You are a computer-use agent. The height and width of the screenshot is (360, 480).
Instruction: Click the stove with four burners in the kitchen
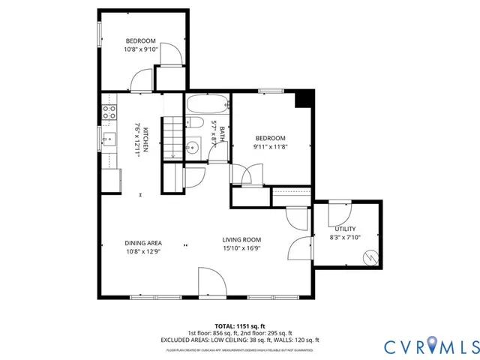(x=109, y=112)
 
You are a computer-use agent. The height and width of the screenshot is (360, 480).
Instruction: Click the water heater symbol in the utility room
(x=369, y=257)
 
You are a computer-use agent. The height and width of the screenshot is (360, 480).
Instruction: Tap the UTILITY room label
(x=346, y=229)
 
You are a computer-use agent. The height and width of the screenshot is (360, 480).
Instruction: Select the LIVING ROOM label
(x=241, y=240)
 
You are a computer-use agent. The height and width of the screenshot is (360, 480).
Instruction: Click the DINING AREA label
(x=143, y=242)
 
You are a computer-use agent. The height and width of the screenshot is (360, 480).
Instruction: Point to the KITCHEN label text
(x=147, y=138)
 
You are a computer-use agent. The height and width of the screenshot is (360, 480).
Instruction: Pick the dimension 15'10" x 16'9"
(x=241, y=249)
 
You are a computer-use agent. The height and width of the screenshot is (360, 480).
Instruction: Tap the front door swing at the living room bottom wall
(x=211, y=283)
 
